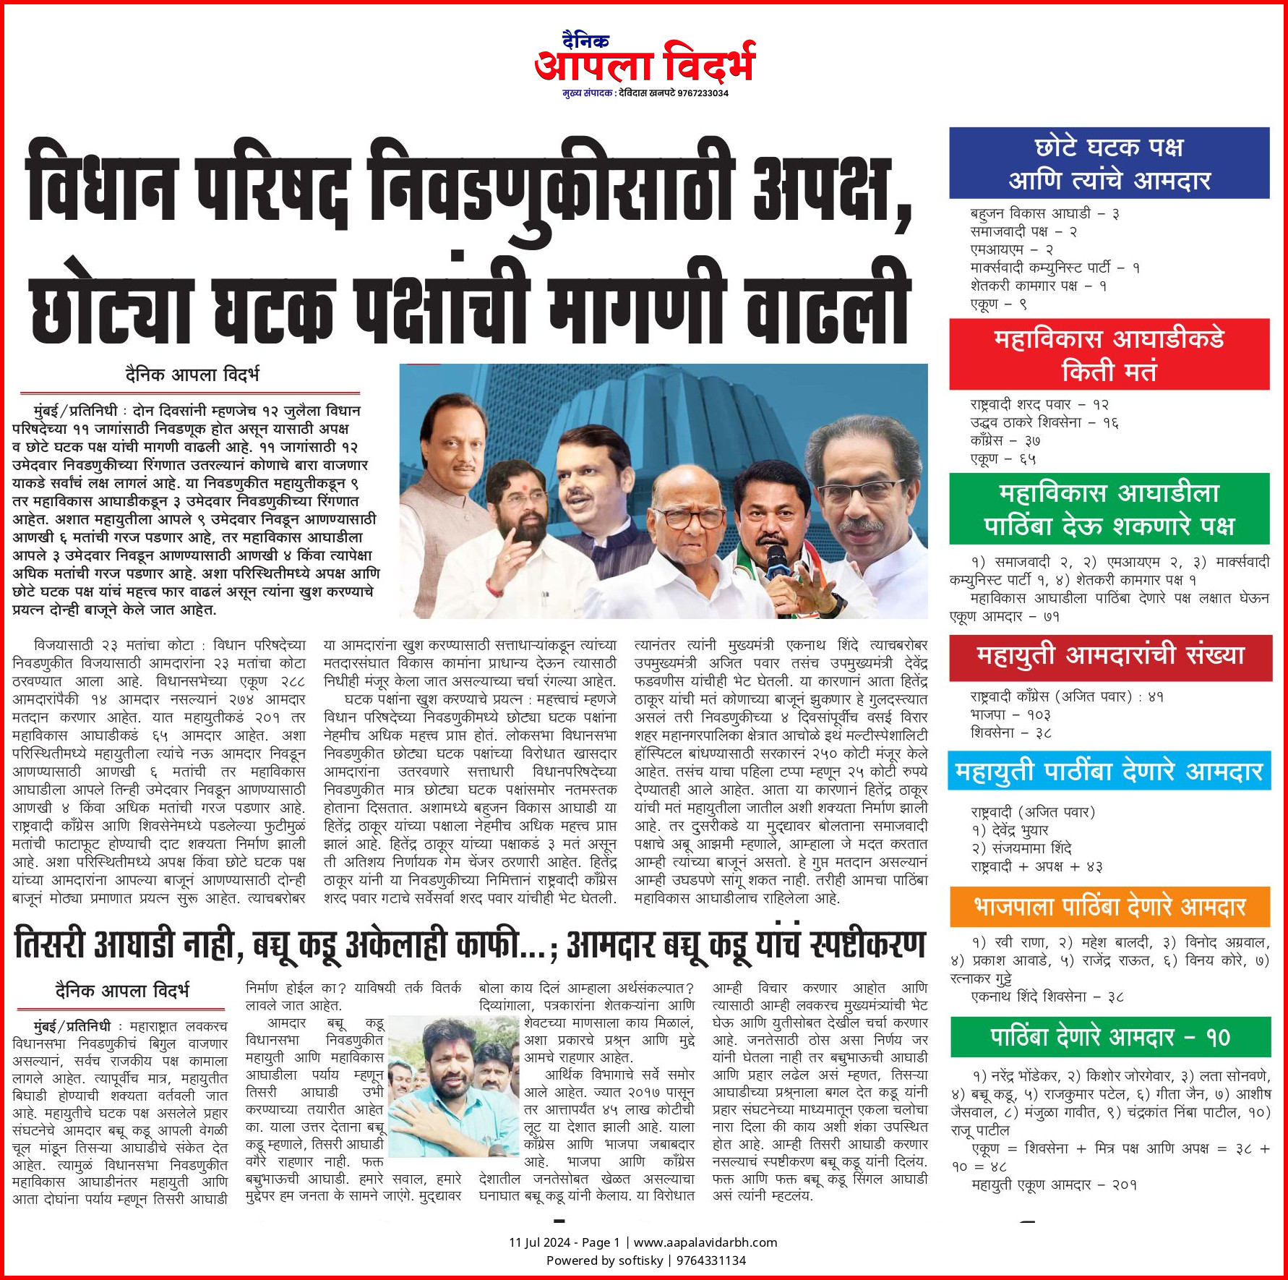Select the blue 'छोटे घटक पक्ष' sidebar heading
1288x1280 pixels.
[1109, 163]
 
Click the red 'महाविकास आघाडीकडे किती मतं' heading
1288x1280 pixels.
[1109, 354]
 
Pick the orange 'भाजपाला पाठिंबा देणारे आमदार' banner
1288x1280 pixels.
[1109, 907]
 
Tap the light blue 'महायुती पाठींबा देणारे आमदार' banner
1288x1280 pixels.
[1109, 772]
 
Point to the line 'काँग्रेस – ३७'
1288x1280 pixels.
[1005, 440]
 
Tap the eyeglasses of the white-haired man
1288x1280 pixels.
[688, 518]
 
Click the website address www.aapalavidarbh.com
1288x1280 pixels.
[705, 1242]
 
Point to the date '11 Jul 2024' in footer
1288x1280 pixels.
[539, 1242]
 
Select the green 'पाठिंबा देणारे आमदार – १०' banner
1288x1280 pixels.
[1109, 1037]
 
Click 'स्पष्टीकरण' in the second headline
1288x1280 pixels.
[867, 944]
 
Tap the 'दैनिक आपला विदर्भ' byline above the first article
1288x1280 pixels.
[192, 375]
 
